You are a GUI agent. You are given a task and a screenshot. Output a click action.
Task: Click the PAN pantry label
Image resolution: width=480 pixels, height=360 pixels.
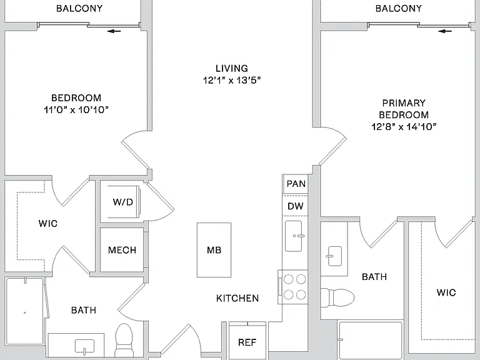click(296, 184)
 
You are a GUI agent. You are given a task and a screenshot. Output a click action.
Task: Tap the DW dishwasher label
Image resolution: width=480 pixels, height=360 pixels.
click(296, 206)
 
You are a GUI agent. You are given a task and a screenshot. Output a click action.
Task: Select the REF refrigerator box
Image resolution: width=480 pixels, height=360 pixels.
click(247, 341)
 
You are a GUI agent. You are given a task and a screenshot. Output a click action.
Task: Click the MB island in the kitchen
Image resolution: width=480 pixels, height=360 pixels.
click(214, 250)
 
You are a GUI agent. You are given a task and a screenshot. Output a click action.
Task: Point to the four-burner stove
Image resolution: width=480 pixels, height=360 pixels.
click(293, 287)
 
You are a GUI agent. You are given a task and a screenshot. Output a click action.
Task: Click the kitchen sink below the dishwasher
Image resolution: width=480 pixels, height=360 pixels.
click(294, 236)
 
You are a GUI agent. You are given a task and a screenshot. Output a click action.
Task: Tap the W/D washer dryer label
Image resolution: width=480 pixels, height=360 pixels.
click(123, 202)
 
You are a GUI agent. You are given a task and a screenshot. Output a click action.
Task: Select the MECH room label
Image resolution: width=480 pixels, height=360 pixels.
click(122, 250)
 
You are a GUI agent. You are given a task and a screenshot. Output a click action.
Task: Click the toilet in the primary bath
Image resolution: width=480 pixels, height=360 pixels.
click(337, 297)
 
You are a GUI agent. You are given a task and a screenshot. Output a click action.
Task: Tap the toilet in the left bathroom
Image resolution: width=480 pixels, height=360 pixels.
click(124, 340)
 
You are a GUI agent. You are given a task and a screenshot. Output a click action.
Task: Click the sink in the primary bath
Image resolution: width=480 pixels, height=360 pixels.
click(334, 256)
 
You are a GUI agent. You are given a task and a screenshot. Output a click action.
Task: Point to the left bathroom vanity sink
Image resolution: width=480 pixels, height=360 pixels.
click(84, 346)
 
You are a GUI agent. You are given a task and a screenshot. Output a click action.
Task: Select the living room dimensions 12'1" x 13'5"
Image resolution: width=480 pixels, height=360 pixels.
click(232, 80)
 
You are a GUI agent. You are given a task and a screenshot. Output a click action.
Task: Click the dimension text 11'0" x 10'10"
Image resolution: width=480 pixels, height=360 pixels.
click(76, 109)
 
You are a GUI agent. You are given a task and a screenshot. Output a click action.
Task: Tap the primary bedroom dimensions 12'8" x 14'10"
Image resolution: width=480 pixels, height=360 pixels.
click(404, 126)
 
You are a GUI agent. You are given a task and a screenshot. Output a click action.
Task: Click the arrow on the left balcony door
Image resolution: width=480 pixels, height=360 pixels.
click(114, 31)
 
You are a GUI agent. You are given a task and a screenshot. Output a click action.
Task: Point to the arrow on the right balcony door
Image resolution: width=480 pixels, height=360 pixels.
click(445, 31)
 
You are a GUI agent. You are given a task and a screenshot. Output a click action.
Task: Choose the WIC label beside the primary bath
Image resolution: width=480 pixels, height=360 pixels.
click(446, 292)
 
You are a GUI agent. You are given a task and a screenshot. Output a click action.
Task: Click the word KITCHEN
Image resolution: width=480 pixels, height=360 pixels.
click(237, 298)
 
